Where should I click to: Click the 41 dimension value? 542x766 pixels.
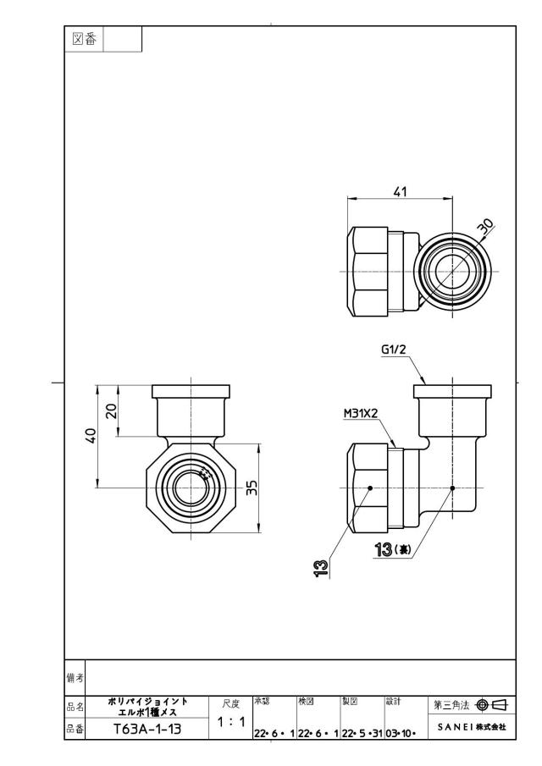(401, 191)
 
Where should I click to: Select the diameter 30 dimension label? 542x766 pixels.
(486, 228)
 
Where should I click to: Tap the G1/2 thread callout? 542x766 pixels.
(394, 350)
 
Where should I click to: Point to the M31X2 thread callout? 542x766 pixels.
(361, 413)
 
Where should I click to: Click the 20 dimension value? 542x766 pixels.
(112, 411)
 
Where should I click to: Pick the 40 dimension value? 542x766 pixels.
(91, 435)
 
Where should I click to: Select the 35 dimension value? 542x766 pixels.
(252, 488)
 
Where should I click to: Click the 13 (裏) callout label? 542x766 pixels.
(392, 550)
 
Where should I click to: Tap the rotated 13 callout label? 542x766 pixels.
(321, 569)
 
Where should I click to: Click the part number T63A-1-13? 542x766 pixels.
(147, 730)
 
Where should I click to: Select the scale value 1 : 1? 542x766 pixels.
(230, 722)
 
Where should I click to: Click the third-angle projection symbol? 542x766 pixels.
(491, 704)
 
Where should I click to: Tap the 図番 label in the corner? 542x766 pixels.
(84, 39)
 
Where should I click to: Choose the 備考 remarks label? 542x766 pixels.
(75, 678)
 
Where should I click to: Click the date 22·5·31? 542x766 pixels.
(362, 733)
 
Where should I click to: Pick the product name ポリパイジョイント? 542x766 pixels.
(147, 701)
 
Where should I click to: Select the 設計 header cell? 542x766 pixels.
(393, 702)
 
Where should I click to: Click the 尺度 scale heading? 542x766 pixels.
(230, 703)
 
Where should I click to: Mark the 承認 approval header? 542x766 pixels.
(262, 702)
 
